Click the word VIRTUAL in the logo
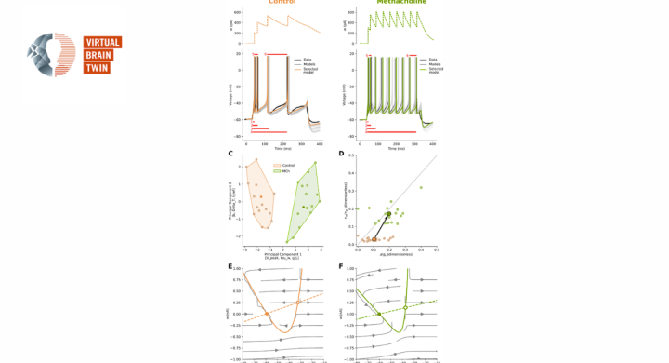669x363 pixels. [102, 42]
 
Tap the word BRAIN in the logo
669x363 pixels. [98, 55]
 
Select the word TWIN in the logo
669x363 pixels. [97, 68]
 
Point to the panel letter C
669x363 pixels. [230, 154]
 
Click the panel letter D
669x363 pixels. [341, 154]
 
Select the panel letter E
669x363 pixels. [230, 266]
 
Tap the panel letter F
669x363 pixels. [341, 266]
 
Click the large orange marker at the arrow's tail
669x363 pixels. [374, 239]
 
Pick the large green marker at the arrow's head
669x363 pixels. [388, 214]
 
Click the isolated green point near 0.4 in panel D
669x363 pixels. [421, 187]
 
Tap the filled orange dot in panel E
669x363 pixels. [267, 314]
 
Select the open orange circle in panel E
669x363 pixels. [298, 302]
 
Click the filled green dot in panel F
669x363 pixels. [379, 314]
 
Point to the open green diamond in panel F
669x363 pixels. [405, 307]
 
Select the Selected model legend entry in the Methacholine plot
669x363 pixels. [430, 70]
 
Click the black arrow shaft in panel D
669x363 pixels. [382, 226]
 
